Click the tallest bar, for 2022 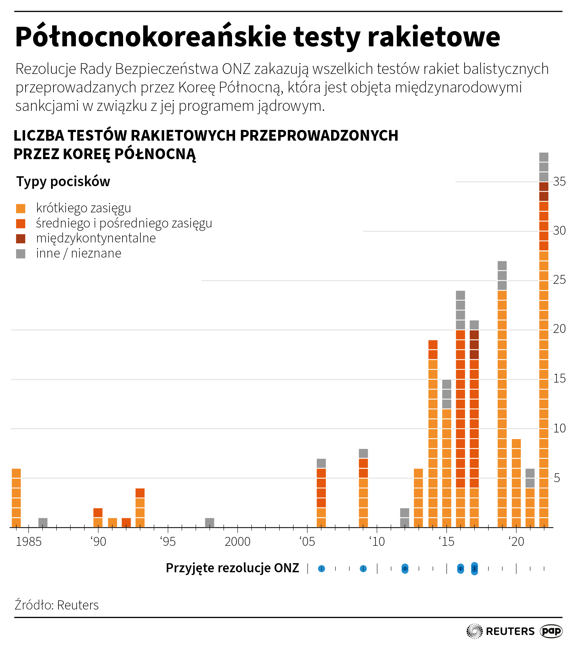544,340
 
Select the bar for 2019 502,394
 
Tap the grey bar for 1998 209,523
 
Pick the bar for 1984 16,498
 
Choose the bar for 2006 321,493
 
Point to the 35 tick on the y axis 559,182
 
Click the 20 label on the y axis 559,329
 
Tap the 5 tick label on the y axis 557,478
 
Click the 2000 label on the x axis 238,542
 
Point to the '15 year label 446,542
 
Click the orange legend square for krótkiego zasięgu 20,208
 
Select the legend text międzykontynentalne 96,238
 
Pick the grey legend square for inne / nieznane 20,254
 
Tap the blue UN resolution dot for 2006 321,568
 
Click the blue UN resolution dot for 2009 363,568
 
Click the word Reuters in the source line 78,605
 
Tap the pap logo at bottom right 551,631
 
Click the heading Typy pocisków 63,182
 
